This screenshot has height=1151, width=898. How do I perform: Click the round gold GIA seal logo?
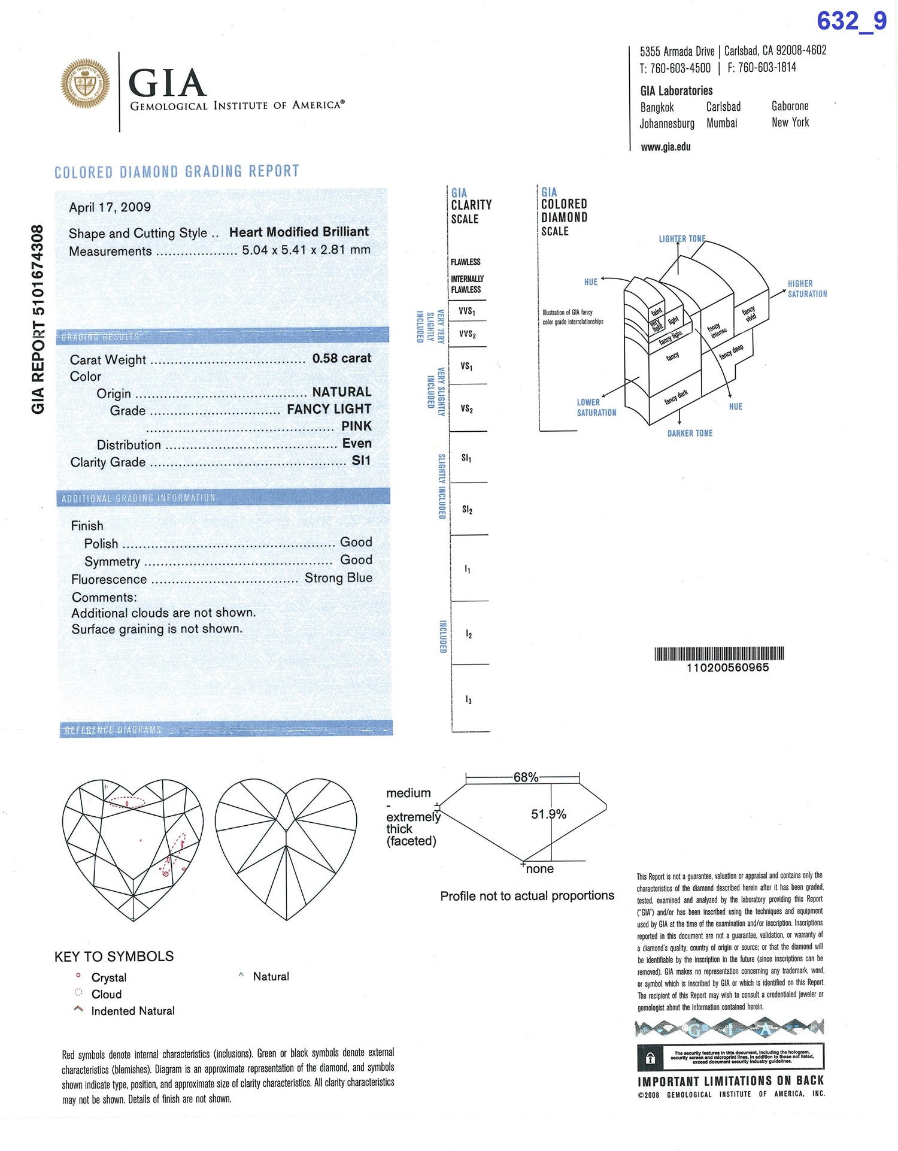[86, 84]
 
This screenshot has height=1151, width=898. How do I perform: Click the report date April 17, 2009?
[110, 207]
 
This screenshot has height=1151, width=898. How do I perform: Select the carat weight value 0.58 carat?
[341, 358]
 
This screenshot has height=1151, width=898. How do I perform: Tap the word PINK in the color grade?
[356, 426]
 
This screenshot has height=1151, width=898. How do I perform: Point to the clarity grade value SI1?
[361, 461]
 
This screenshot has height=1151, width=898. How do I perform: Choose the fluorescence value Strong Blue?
[338, 578]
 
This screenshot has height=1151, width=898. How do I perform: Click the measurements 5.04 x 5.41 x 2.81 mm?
[306, 250]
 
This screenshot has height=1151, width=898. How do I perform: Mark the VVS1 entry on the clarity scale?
[467, 311]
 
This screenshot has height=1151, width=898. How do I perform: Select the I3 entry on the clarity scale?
[468, 699]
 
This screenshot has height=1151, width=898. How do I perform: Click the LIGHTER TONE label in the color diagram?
[682, 239]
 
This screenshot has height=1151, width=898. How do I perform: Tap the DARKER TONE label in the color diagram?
[690, 433]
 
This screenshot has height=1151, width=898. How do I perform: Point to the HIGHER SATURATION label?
[807, 289]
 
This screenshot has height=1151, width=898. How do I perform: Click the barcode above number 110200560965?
[719, 653]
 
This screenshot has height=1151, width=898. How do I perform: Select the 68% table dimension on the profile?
[526, 777]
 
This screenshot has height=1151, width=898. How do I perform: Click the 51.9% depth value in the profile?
[548, 814]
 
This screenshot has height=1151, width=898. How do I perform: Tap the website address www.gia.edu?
[666, 147]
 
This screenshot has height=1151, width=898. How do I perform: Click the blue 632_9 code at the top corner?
[851, 22]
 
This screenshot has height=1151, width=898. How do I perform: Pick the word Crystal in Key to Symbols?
[109, 977]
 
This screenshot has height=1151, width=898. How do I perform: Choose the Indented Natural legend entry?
[133, 1011]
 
